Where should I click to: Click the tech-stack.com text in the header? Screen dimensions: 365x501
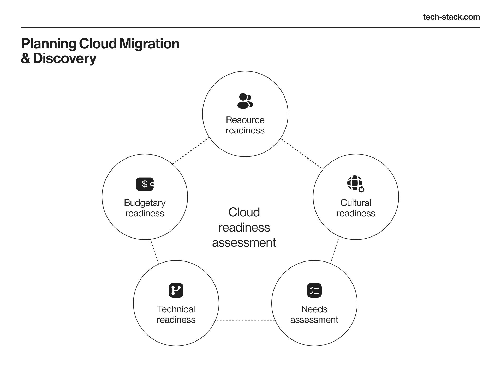[x=451, y=17]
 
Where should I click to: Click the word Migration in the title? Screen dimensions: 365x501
[x=150, y=44]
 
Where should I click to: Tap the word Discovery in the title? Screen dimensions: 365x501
[x=65, y=58]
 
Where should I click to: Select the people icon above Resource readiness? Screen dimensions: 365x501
[x=245, y=101]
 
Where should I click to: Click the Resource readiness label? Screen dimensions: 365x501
[x=245, y=125]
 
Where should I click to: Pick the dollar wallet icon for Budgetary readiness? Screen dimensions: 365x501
[x=145, y=184]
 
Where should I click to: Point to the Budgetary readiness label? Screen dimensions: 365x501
[x=145, y=208]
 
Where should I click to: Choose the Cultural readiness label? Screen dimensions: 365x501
[x=356, y=208]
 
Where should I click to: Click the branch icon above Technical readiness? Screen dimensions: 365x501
[x=176, y=290]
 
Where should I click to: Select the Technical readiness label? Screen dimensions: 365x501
[x=176, y=314]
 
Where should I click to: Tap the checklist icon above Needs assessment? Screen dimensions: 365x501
[x=314, y=290]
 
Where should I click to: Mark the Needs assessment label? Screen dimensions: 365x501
[x=314, y=314]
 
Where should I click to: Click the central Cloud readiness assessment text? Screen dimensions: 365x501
[x=244, y=227]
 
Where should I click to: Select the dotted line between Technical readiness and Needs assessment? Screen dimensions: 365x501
[x=245, y=320]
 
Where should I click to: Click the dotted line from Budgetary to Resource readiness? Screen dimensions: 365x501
[x=191, y=151]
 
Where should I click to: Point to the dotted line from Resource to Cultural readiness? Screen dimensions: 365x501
[x=302, y=154]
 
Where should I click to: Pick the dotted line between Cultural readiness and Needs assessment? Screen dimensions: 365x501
[x=335, y=250]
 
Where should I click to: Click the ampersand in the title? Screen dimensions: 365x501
[x=26, y=58]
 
